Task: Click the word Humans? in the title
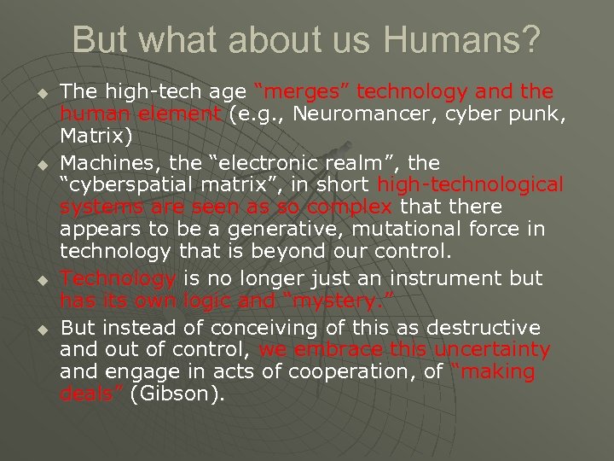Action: pos(465,40)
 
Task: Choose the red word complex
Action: pos(350,207)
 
